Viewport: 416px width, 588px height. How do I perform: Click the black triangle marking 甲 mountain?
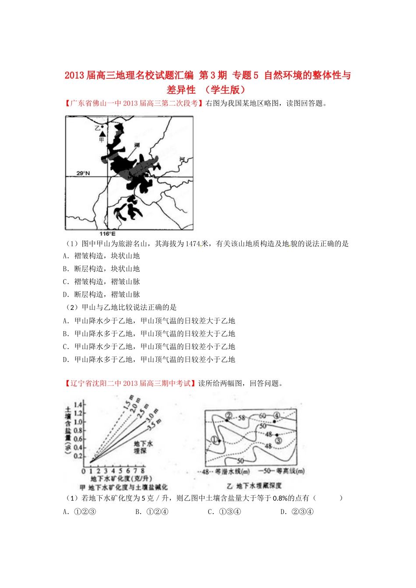(102, 134)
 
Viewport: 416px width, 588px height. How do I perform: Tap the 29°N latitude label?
(83, 173)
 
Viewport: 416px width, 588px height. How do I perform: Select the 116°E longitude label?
(107, 234)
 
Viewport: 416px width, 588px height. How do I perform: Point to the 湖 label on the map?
(137, 145)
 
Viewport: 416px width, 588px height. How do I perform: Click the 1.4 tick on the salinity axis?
(78, 405)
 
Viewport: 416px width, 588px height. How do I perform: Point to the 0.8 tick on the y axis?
(78, 430)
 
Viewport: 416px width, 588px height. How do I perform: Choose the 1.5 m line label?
(128, 402)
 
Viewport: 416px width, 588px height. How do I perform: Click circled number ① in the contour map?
(215, 439)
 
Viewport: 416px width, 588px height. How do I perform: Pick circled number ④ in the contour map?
(276, 415)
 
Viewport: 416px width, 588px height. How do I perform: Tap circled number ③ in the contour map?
(278, 441)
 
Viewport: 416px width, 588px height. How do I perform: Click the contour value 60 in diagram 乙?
(263, 416)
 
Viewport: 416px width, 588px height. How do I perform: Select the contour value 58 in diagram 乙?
(242, 418)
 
